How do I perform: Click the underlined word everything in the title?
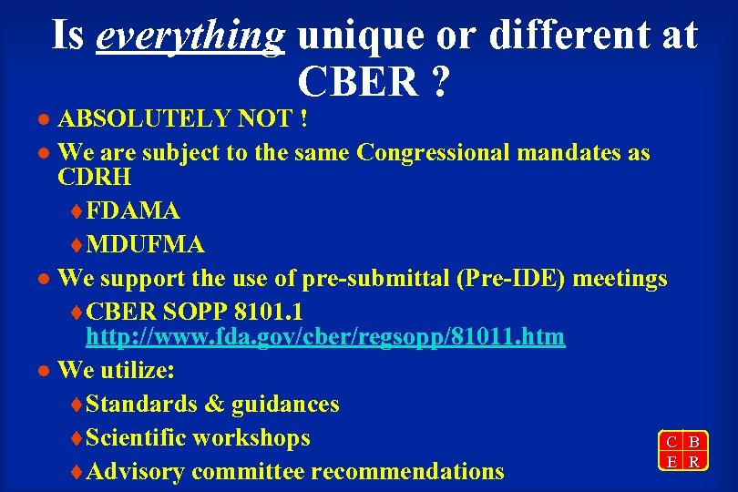click(190, 36)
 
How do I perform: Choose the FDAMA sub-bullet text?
click(133, 210)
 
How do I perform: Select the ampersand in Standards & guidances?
click(215, 404)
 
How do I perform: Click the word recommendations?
click(407, 471)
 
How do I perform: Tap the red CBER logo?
click(682, 450)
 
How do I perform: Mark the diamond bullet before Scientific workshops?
click(76, 438)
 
